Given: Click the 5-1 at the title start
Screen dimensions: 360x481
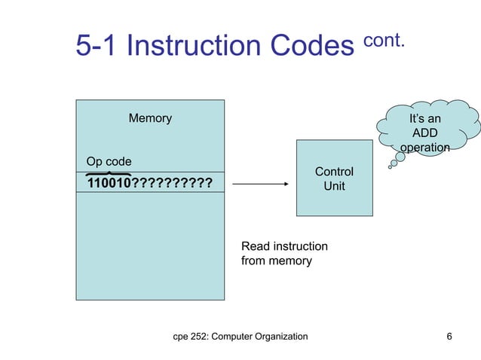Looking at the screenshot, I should tap(97, 47).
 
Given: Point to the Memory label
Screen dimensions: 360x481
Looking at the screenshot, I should tap(150, 118).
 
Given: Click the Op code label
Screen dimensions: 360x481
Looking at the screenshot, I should tap(109, 162).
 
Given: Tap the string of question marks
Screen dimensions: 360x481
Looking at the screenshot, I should tap(172, 185).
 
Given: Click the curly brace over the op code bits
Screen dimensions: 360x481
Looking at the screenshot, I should tap(109, 174).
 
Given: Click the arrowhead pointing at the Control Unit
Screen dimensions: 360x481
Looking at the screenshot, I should tap(286, 185).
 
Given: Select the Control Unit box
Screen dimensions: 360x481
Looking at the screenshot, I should tap(334, 178).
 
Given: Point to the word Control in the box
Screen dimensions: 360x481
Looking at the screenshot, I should tap(334, 172).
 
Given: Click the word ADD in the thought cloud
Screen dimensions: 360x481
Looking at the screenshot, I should tap(424, 133).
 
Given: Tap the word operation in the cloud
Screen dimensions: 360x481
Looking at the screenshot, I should tap(424, 148).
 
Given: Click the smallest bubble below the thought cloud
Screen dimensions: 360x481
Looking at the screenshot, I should tap(390, 167).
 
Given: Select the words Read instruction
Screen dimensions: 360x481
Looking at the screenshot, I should tap(284, 246).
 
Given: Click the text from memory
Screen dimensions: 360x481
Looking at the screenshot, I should tap(276, 261).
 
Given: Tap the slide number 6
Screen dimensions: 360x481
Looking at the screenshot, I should tap(449, 336).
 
